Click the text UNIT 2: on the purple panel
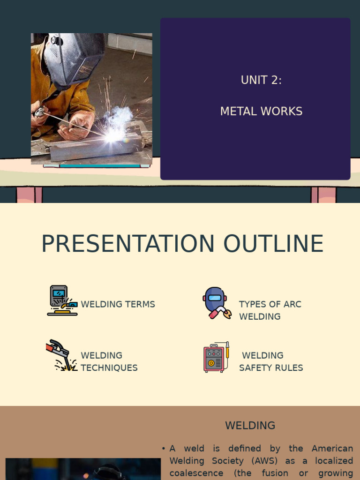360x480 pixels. coord(261,80)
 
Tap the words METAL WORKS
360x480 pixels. coord(261,112)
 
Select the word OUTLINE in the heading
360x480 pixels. coord(273,244)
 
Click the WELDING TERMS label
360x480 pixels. coord(118,304)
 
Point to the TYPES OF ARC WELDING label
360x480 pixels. coord(270,310)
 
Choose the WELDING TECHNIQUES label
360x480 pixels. coord(109,361)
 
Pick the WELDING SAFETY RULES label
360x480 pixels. coord(270,361)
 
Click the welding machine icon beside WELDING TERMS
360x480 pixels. coord(62,300)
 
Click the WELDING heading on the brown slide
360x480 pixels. coord(250,426)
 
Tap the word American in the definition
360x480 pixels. coord(331,449)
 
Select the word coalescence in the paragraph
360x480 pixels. coord(196,473)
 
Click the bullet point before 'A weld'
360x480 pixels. coord(163,449)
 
